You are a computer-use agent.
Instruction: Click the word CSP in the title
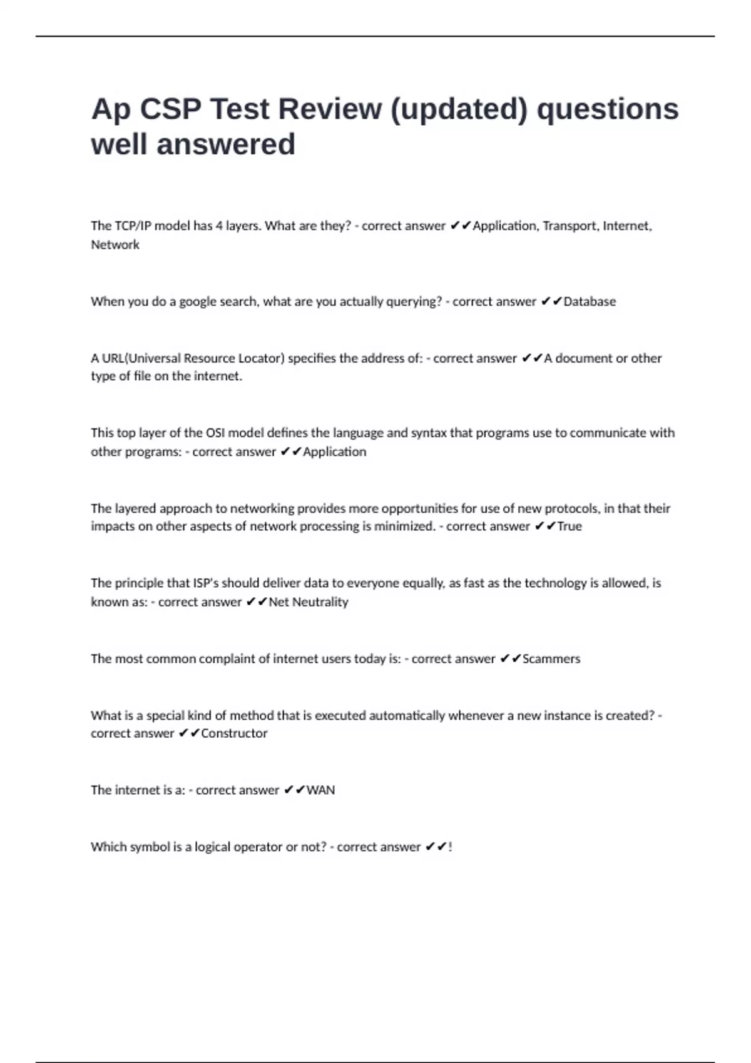(170, 109)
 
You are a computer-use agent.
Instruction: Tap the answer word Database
(590, 301)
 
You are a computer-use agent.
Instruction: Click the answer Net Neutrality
(308, 602)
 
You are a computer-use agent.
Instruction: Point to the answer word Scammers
(551, 658)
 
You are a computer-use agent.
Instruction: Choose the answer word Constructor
(234, 733)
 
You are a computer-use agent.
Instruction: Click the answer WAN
(320, 790)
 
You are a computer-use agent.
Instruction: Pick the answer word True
(570, 526)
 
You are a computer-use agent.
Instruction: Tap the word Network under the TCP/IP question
(115, 244)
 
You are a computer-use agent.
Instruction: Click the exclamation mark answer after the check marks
(450, 847)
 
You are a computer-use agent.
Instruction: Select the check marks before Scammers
(511, 658)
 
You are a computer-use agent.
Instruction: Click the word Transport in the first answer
(570, 226)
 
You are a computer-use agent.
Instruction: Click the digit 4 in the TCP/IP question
(219, 226)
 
